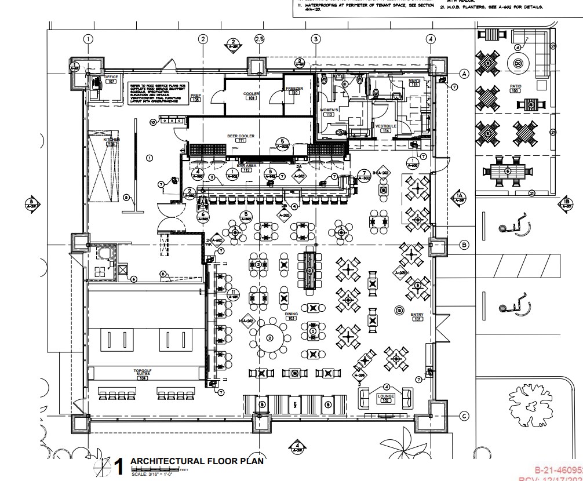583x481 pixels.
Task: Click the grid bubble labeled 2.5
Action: click(x=259, y=39)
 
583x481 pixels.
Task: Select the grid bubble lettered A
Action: click(x=464, y=74)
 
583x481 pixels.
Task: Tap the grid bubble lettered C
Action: click(x=464, y=416)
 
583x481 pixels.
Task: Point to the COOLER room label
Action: click(x=252, y=93)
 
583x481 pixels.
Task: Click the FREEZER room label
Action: click(x=294, y=89)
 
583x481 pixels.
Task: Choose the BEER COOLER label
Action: click(x=241, y=136)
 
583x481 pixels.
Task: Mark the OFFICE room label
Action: click(x=111, y=77)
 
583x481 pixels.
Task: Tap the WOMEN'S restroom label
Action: click(x=329, y=110)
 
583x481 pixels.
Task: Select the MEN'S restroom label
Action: click(x=414, y=81)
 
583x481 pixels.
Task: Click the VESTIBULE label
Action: click(x=385, y=126)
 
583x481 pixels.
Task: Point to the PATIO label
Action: click(x=515, y=87)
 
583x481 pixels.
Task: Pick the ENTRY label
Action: click(x=417, y=315)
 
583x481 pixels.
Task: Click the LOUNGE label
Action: click(x=386, y=396)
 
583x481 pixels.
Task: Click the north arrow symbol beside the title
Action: click(x=103, y=465)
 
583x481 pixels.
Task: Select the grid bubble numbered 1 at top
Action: click(x=88, y=39)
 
